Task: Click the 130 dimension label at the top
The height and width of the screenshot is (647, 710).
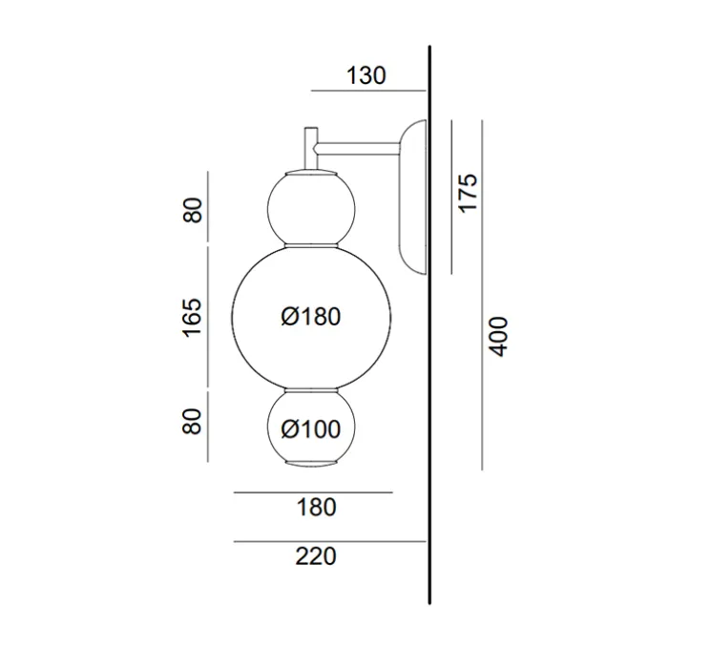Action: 367,75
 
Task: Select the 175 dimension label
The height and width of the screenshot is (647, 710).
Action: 468,193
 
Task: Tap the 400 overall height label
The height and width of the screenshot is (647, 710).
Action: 499,335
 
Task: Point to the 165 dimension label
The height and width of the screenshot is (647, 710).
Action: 193,317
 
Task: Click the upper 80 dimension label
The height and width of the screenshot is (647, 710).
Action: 193,210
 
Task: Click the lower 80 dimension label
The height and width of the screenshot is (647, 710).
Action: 193,422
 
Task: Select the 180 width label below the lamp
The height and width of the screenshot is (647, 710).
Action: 316,507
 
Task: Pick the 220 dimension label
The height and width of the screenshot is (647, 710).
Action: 316,555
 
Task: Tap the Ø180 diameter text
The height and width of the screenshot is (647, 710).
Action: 311,317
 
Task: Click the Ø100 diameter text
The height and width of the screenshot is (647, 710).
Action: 311,430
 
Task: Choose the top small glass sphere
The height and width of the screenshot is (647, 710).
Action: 311,207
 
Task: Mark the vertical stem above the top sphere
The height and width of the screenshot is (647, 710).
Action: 310,148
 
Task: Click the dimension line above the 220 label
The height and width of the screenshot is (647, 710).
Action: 329,541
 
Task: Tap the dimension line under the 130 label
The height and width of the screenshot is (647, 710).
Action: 367,91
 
